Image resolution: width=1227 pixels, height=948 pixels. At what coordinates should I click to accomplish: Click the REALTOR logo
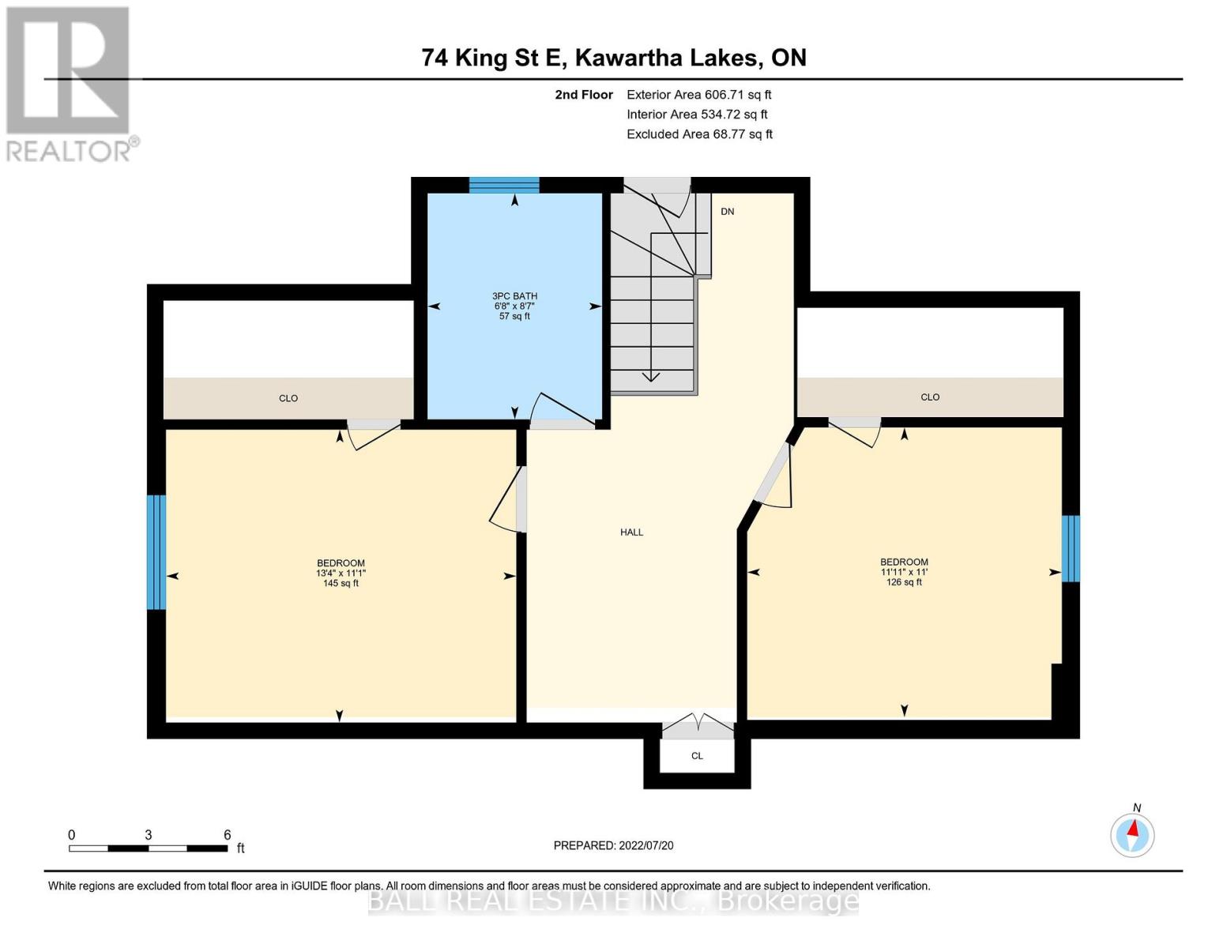tap(69, 83)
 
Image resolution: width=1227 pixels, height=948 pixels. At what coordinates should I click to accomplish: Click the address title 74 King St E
tap(613, 58)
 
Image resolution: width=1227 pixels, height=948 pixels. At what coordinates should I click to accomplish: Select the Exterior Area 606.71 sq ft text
tap(698, 95)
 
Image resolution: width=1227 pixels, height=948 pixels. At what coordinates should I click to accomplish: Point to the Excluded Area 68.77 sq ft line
tap(699, 134)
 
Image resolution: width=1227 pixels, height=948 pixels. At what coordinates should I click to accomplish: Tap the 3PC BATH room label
tap(514, 296)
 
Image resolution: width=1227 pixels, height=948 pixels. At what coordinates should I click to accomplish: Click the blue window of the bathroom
tap(504, 185)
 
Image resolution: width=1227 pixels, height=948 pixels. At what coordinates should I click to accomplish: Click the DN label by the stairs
tap(728, 212)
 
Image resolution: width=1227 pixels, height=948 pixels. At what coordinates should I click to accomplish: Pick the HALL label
tap(631, 532)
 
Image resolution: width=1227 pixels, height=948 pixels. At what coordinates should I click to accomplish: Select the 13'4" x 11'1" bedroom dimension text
tap(341, 574)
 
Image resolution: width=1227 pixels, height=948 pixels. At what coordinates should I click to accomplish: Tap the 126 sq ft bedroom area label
tap(904, 582)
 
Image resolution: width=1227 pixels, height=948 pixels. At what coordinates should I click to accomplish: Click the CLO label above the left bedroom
tap(288, 398)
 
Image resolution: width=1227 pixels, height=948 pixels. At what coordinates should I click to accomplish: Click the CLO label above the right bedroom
tap(930, 397)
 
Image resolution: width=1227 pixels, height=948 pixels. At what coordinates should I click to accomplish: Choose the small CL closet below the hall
tap(697, 756)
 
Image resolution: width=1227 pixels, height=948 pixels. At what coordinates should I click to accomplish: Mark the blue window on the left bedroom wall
tap(156, 552)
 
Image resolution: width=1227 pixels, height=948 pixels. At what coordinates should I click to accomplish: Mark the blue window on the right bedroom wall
tap(1071, 548)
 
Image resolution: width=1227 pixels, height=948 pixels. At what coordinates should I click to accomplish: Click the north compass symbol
tap(1132, 834)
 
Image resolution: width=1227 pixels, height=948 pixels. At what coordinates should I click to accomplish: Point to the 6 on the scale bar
tap(228, 835)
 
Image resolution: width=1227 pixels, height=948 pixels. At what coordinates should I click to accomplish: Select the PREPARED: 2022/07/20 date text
tap(613, 845)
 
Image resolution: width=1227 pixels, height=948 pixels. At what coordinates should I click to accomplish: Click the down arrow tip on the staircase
tap(651, 379)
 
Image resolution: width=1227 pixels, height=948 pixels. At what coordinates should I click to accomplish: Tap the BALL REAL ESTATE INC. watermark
tap(613, 901)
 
